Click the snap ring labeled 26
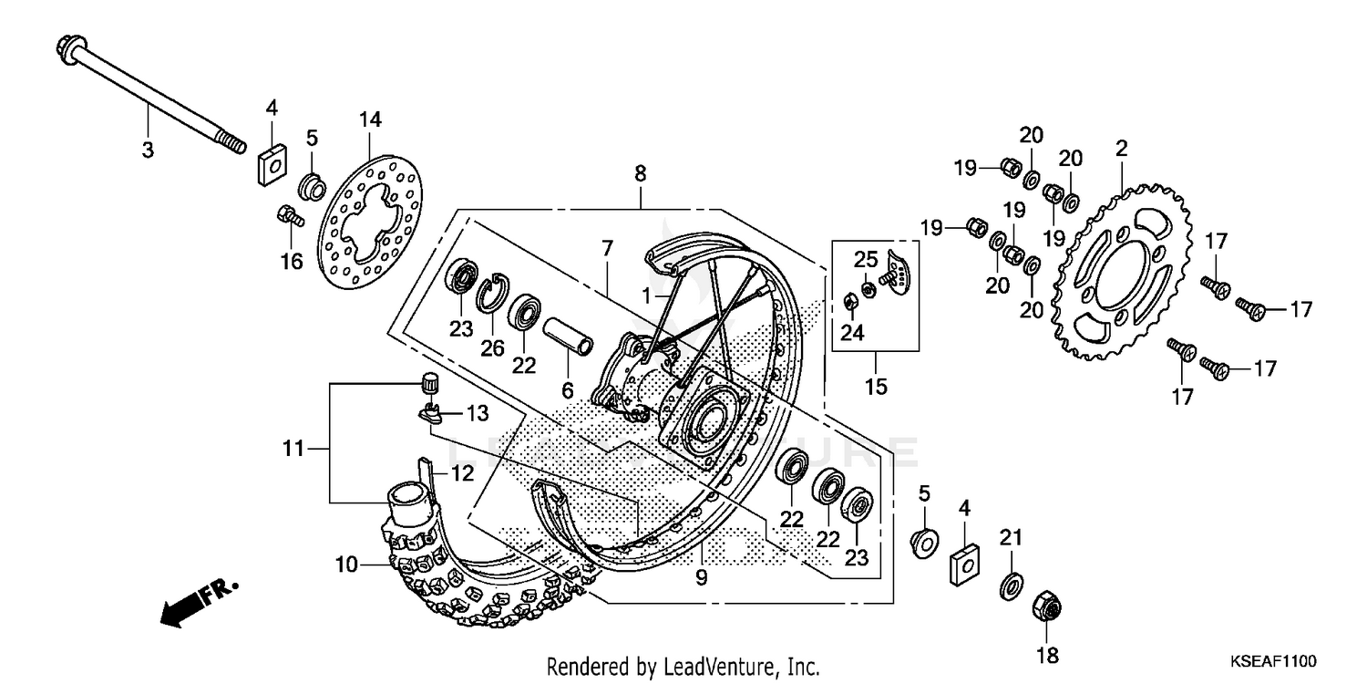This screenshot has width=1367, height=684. pos(492,290)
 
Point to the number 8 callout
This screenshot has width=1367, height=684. pos(640,171)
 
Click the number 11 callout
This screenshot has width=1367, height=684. pos(293,448)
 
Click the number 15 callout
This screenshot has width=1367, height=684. pos(875,387)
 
